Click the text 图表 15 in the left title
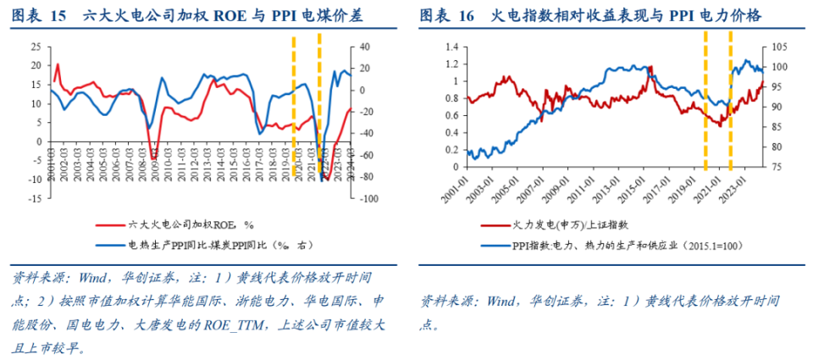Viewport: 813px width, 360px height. click(x=38, y=15)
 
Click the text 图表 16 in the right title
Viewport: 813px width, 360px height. click(x=450, y=15)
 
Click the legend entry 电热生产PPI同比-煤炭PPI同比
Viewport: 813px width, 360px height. click(x=220, y=244)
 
